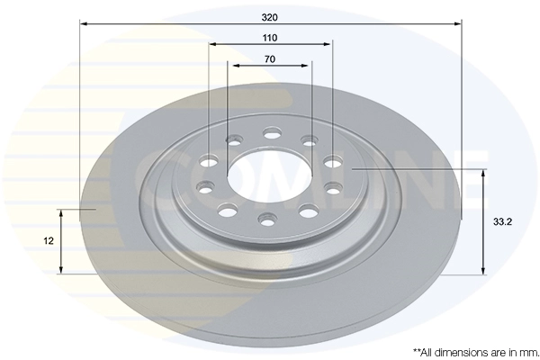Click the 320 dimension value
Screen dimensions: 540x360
point(270,17)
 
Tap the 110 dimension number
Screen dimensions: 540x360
point(270,38)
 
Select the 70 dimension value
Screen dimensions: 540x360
point(270,59)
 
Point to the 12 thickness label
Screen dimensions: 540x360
point(49,241)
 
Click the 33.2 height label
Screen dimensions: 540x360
point(502,222)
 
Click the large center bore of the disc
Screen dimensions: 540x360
point(269,175)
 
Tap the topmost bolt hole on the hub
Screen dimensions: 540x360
point(272,132)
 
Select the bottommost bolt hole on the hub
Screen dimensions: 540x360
point(267,220)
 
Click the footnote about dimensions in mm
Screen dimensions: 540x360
point(476,353)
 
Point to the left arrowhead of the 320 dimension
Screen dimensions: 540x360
point(84,23)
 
